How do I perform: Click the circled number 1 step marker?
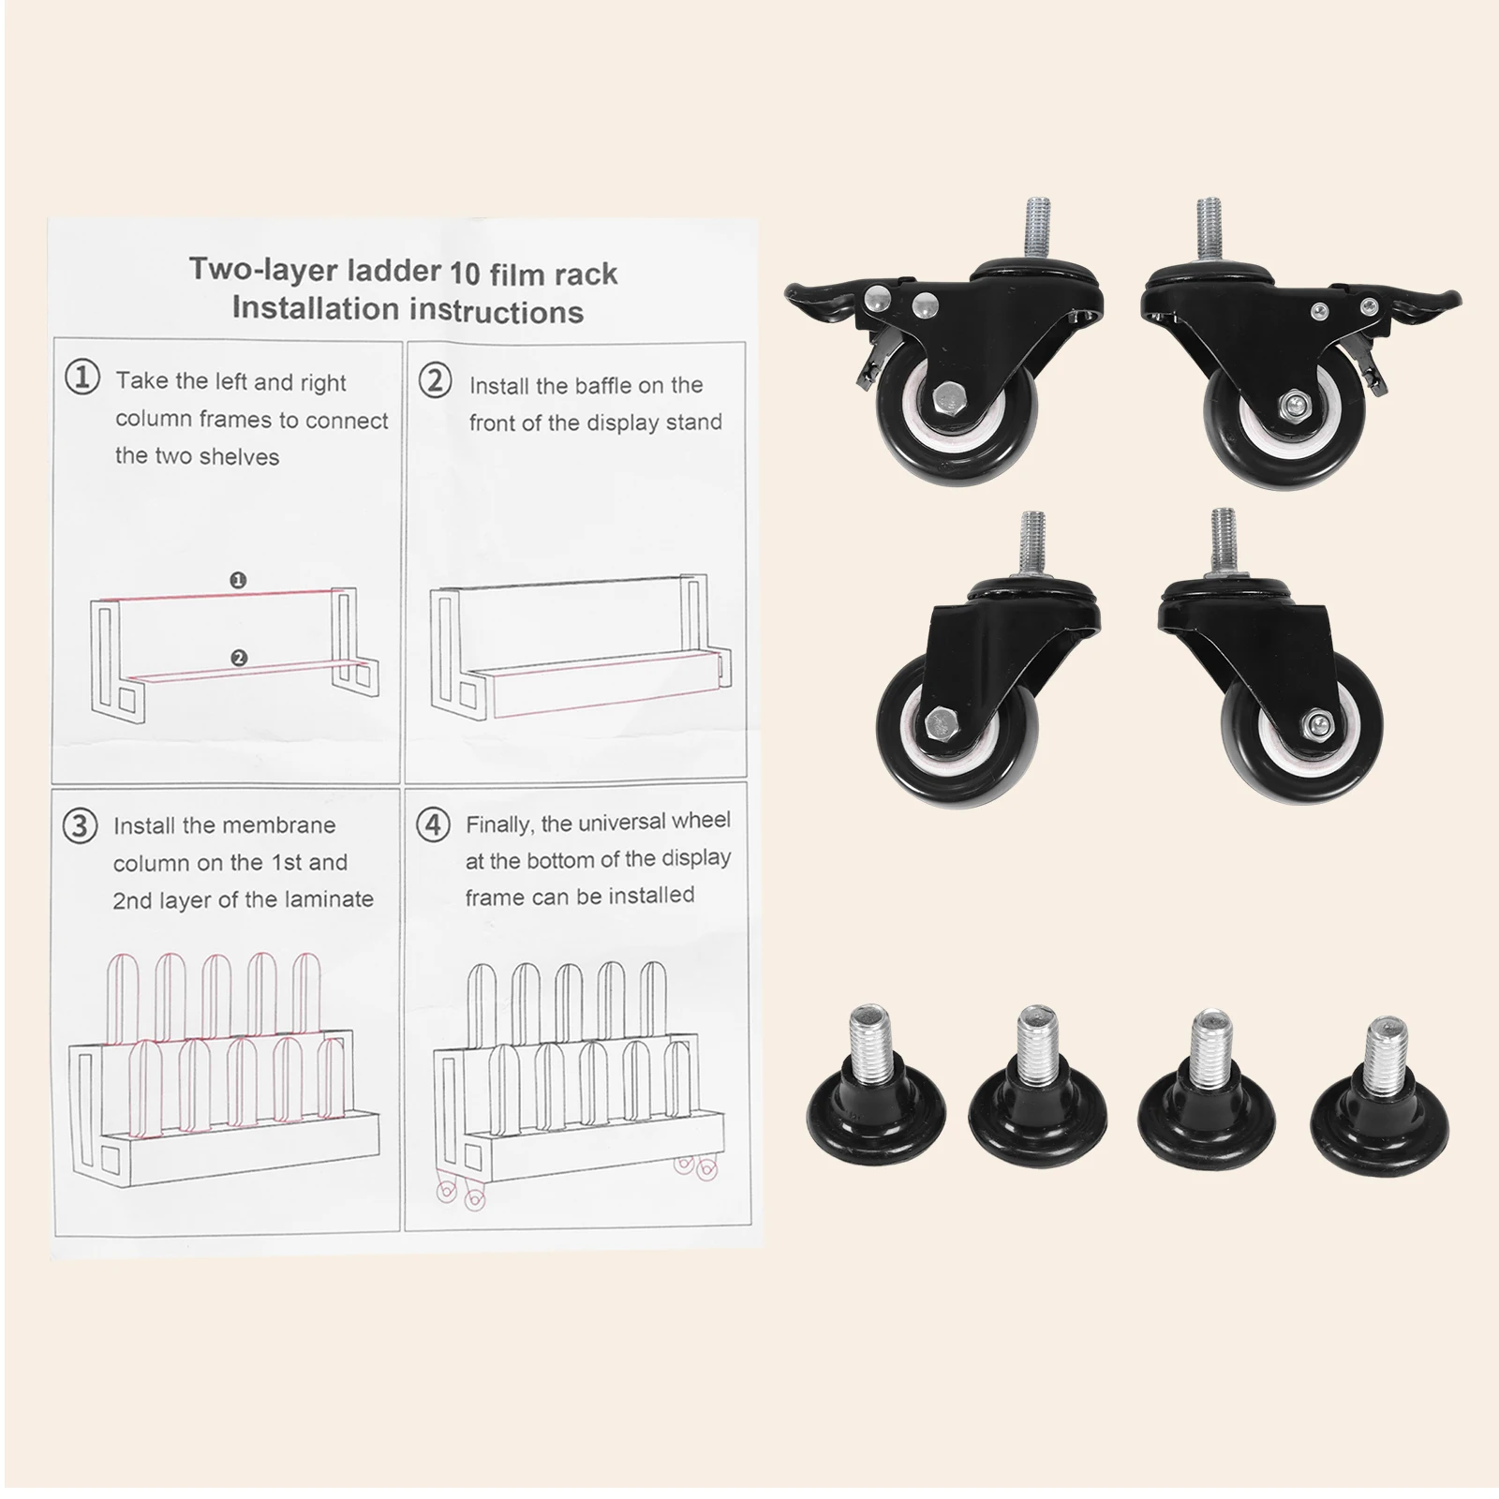82,378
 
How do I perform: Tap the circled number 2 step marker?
435,381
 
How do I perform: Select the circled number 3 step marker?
80,825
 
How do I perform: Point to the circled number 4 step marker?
432,824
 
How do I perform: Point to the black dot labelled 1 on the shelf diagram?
238,581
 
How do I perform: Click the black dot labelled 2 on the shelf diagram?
238,659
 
